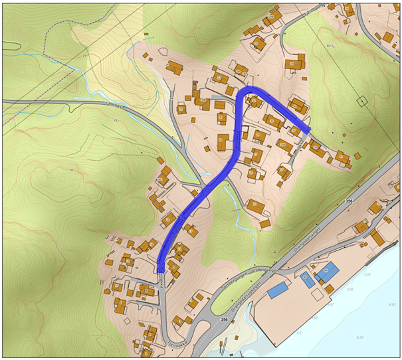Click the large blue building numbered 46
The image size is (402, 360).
(x=326, y=272)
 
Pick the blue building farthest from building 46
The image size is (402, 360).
(x=278, y=290)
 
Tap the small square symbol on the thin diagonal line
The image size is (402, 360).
(x=361, y=101)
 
